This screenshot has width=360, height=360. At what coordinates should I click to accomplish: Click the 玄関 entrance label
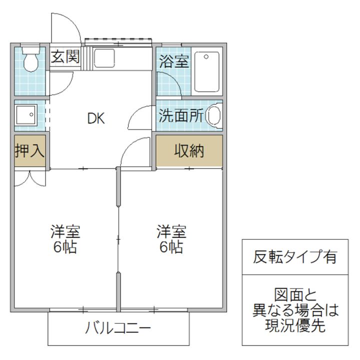65,56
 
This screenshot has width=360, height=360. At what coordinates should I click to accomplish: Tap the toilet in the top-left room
31,59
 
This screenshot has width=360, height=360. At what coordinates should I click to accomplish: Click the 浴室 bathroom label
173,61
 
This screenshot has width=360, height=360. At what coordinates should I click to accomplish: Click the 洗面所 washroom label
180,116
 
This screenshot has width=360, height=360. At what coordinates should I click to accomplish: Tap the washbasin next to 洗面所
214,116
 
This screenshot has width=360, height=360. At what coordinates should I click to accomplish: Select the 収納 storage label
189,151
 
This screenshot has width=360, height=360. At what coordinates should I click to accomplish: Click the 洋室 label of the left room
65,232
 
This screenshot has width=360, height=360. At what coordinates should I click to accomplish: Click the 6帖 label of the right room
171,247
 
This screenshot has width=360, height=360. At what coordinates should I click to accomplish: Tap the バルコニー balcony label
118,329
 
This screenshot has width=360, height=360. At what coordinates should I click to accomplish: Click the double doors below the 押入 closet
29,177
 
